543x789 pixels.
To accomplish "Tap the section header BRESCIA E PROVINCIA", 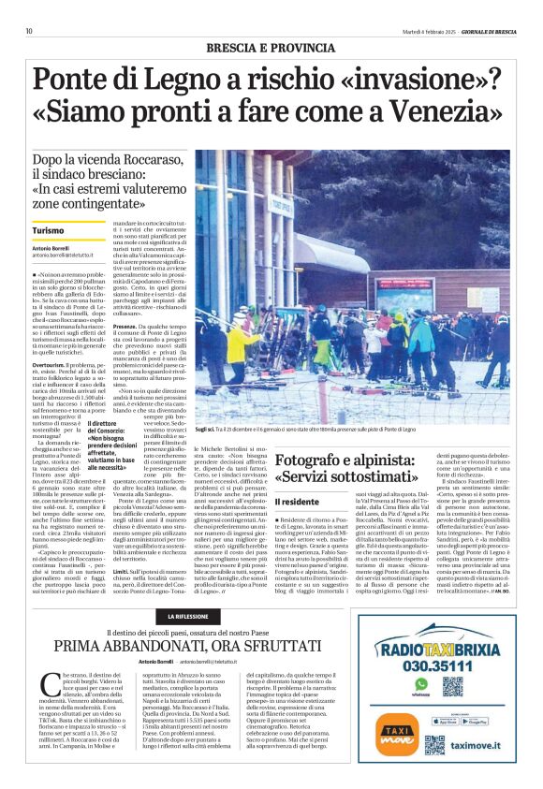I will (x=271, y=47).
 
